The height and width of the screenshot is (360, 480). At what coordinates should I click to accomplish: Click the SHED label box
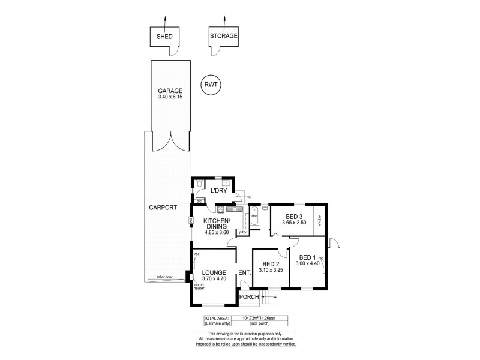tap(164, 37)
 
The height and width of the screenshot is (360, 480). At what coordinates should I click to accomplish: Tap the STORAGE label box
tap(224, 36)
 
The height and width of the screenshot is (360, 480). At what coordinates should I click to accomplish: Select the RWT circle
tap(211, 85)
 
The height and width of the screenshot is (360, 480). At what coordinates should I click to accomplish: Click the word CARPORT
tap(163, 208)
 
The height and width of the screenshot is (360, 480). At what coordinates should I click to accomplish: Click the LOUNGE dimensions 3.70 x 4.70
tap(213, 279)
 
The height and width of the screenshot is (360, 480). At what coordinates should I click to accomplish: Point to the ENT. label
tap(244, 274)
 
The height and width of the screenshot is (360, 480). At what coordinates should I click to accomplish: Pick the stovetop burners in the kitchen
tap(220, 209)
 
